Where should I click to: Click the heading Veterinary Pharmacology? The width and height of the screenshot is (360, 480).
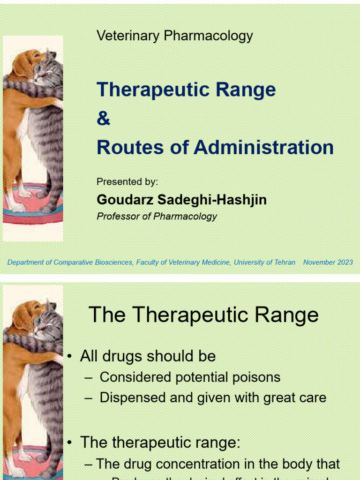(174, 36)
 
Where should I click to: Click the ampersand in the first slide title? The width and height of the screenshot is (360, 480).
(103, 119)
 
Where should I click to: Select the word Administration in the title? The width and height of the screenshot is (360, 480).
(263, 147)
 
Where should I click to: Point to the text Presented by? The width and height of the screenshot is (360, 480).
(127, 182)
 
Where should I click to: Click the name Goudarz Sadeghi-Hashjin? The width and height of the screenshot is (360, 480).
(181, 200)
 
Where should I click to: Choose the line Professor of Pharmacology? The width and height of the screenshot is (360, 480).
(157, 216)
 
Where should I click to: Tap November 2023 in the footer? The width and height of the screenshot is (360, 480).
(328, 262)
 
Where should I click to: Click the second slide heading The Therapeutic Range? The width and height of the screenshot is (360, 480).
(203, 315)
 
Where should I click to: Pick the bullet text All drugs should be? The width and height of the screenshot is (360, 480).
(148, 356)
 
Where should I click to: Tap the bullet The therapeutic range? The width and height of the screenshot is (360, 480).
(160, 442)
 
